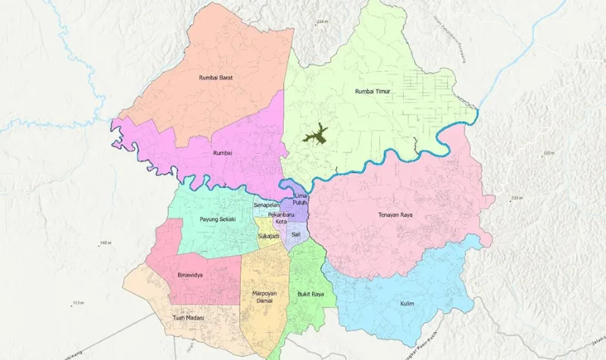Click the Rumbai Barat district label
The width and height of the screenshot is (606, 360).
click(215, 77)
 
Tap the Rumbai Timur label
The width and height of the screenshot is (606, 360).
click(374, 92)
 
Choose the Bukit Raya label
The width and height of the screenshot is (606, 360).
click(311, 293)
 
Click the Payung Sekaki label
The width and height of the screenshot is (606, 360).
click(217, 219)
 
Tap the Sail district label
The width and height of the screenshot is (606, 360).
click(296, 235)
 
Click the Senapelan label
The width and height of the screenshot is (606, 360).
click(267, 205)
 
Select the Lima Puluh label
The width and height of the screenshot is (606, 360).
click(299, 199)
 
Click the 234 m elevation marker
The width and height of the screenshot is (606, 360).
click(323, 21)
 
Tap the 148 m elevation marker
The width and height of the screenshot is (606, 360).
click(105, 243)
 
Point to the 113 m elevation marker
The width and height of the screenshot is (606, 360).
click(77, 303)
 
